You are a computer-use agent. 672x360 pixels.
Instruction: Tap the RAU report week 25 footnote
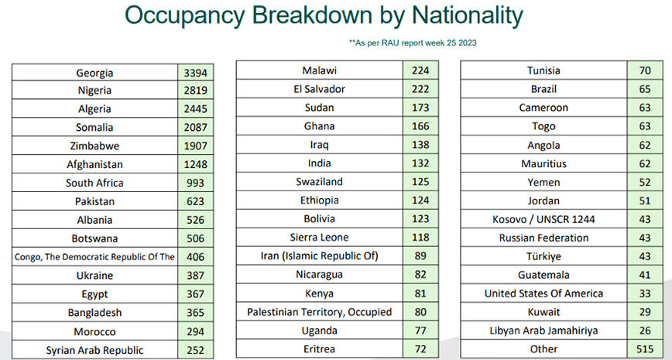pos(413,43)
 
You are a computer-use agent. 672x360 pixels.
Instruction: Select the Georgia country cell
pos(94,73)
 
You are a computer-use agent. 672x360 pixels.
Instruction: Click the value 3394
pos(196,73)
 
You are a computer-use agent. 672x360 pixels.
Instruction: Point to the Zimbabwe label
pos(94,146)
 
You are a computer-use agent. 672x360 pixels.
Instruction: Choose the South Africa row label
pos(94,183)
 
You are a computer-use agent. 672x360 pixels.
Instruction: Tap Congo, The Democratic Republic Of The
pos(94,257)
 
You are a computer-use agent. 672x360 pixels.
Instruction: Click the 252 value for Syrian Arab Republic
pos(196,350)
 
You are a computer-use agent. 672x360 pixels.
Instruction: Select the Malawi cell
pos(319,70)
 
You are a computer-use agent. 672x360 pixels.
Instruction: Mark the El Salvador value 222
pos(420,89)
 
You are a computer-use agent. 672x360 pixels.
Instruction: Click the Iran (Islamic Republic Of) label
pos(319,255)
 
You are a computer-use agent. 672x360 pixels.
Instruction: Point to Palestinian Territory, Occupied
pos(319,312)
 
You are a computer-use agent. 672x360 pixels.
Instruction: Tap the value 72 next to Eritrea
pos(420,349)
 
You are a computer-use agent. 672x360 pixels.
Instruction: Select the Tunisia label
pos(543,70)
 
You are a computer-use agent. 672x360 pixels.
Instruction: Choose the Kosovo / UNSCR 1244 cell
pos(543,219)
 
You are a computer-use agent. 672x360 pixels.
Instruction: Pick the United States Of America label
pos(543,293)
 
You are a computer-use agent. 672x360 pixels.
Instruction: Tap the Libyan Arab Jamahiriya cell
pos(543,331)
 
